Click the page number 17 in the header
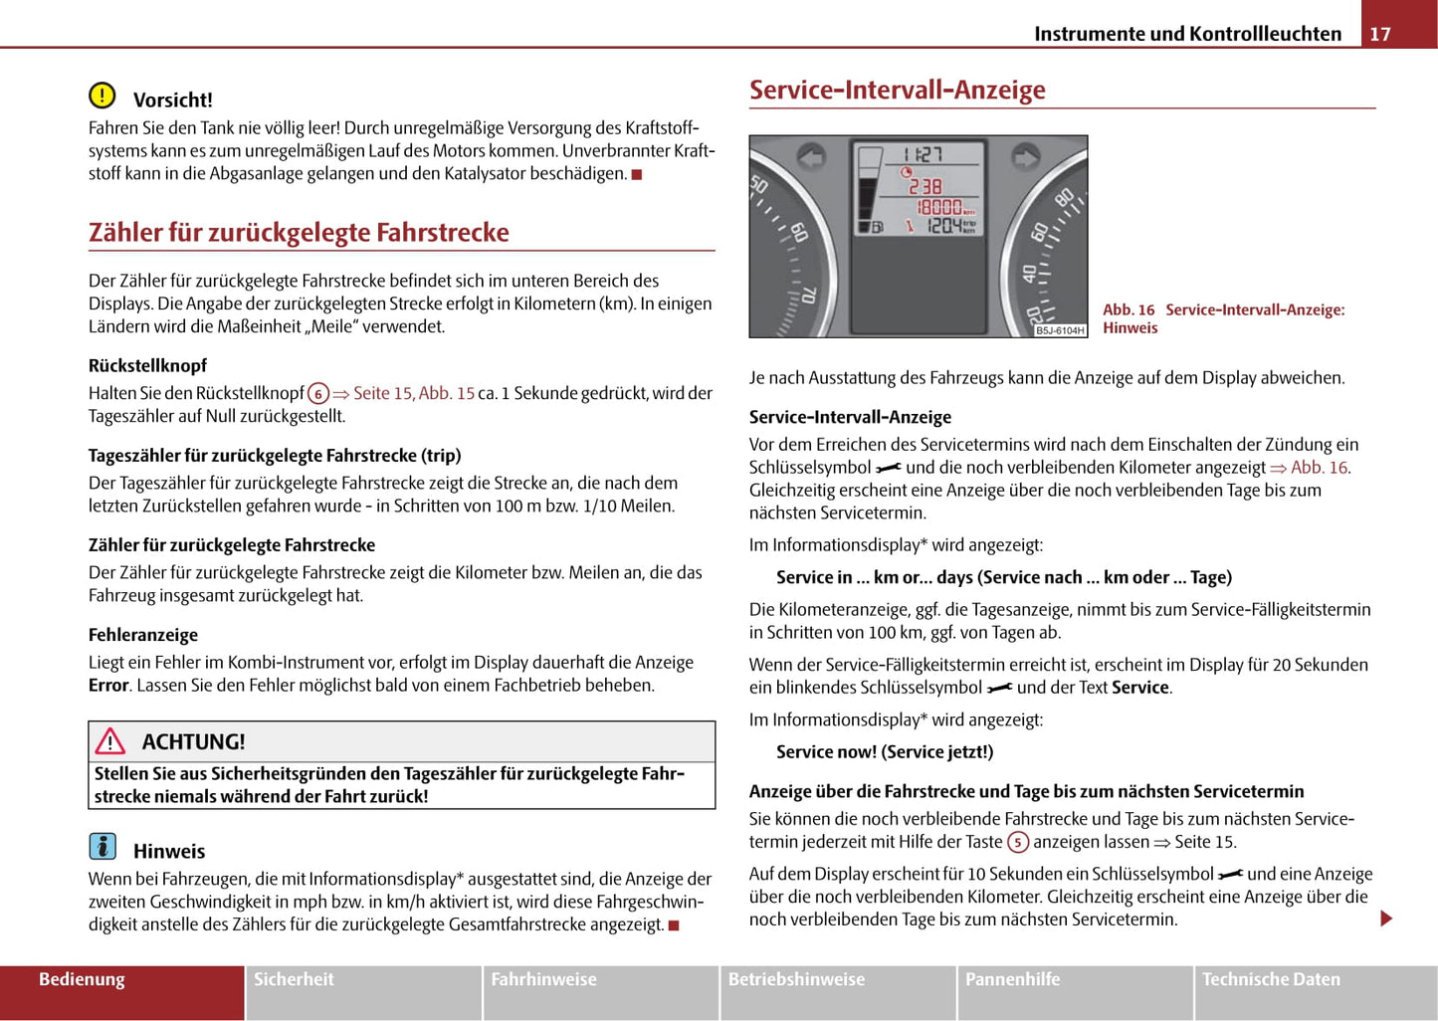point(1380,34)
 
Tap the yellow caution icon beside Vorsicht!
point(102,96)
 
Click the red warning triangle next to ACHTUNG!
point(109,741)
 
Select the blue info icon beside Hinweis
point(103,847)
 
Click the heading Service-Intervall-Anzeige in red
point(897,90)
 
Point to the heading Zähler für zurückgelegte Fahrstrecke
point(299,233)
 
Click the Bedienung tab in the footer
point(82,979)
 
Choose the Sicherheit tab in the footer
point(294,979)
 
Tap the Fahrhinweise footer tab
point(543,979)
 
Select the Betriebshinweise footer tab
point(796,979)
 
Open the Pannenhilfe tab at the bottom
point(1012,979)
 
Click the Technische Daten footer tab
point(1271,979)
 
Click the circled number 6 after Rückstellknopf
point(318,394)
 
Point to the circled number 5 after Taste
point(1017,843)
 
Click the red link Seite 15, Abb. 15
point(413,393)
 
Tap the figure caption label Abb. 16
point(1129,309)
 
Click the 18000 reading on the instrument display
point(939,207)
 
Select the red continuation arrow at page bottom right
point(1386,919)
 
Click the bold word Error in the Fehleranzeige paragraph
point(108,686)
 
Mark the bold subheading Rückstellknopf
point(147,365)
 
